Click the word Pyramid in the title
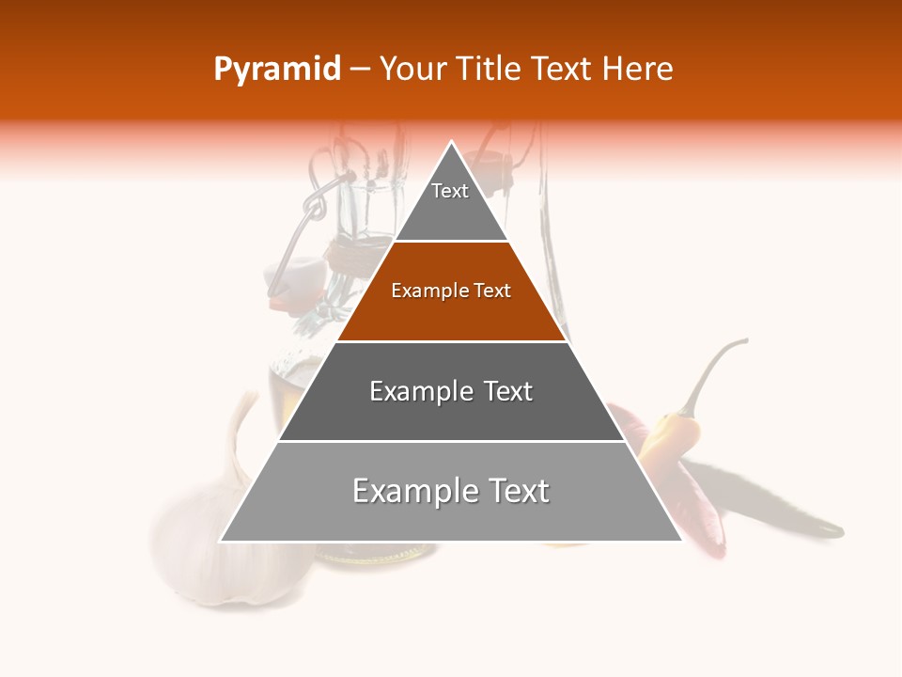click(276, 70)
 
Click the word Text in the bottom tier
click(511, 491)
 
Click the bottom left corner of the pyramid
click(222, 541)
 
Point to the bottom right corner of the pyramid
click(680, 541)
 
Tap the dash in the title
click(360, 70)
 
